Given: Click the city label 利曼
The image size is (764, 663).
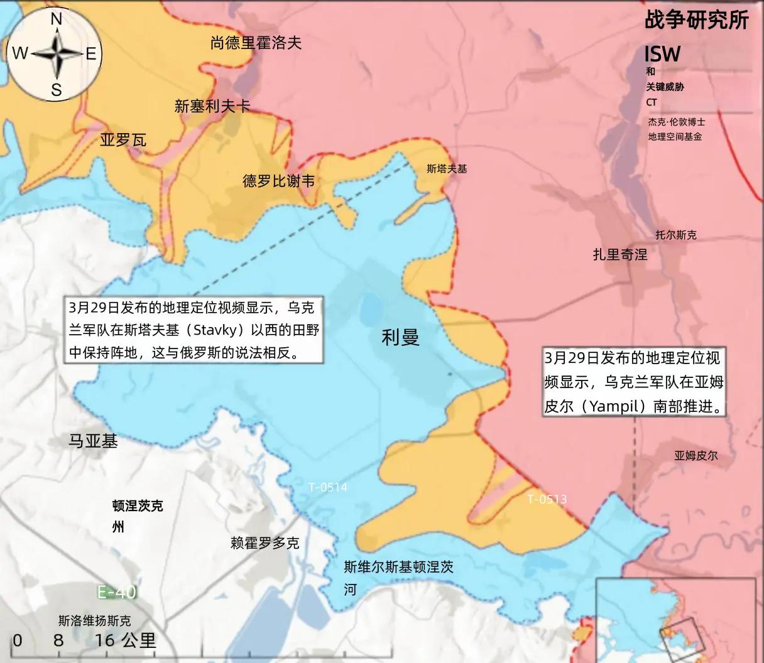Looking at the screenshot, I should coord(400,338).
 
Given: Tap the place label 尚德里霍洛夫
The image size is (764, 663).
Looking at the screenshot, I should coord(256,43).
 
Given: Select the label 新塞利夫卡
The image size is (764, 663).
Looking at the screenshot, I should coord(212,107).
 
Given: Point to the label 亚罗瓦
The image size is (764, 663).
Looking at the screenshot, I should coord(123,139).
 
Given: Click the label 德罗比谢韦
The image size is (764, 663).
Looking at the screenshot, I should coord(278,181).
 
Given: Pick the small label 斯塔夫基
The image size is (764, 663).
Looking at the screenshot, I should coord(447,168).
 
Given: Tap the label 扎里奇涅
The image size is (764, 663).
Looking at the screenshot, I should coord(619,254).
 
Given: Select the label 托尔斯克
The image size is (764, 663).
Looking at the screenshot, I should coord(676,235).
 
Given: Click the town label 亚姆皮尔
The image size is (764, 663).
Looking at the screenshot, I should coord(696,456).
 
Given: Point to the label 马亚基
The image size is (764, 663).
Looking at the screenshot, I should coord(93,441).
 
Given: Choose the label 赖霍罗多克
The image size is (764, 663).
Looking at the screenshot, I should coord(265,543).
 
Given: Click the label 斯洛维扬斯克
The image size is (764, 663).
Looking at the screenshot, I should coord(94,622).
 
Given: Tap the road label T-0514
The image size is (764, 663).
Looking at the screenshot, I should coord(328,487).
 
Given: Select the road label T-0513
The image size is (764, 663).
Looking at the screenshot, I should coord(547,499).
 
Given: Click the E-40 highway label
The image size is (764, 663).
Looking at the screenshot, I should coord(116,591).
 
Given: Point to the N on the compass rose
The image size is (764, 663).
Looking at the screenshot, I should coord(56,19).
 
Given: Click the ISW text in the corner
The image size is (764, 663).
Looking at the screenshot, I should coord(662,54).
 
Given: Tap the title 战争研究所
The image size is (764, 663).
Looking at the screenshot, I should coord(696,20).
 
